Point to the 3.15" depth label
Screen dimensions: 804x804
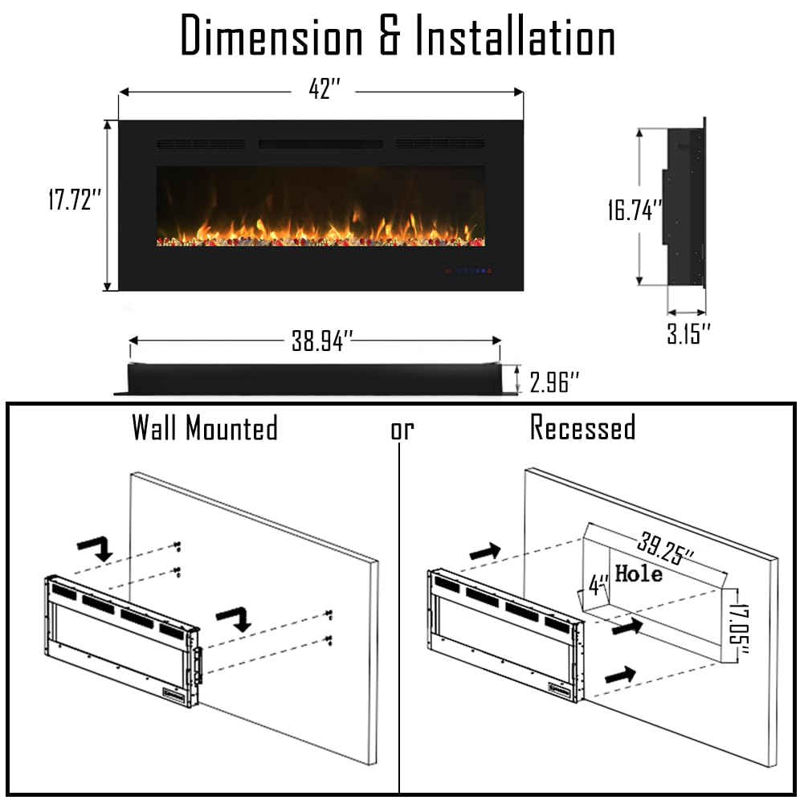tap(688, 333)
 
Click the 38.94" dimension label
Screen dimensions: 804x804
tap(321, 341)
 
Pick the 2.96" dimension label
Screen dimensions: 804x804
tap(553, 382)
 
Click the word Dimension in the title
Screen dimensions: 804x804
tap(271, 37)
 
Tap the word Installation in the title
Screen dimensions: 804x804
tap(514, 37)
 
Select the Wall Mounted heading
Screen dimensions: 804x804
tap(205, 427)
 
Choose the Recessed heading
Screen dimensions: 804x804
tap(582, 427)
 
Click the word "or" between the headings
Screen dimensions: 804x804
tap(402, 431)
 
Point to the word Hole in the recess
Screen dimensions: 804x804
tap(639, 573)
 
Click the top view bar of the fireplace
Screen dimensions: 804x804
tap(313, 378)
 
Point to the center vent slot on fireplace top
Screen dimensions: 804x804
tap(320, 145)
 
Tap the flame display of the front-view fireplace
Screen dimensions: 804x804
tap(320, 207)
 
